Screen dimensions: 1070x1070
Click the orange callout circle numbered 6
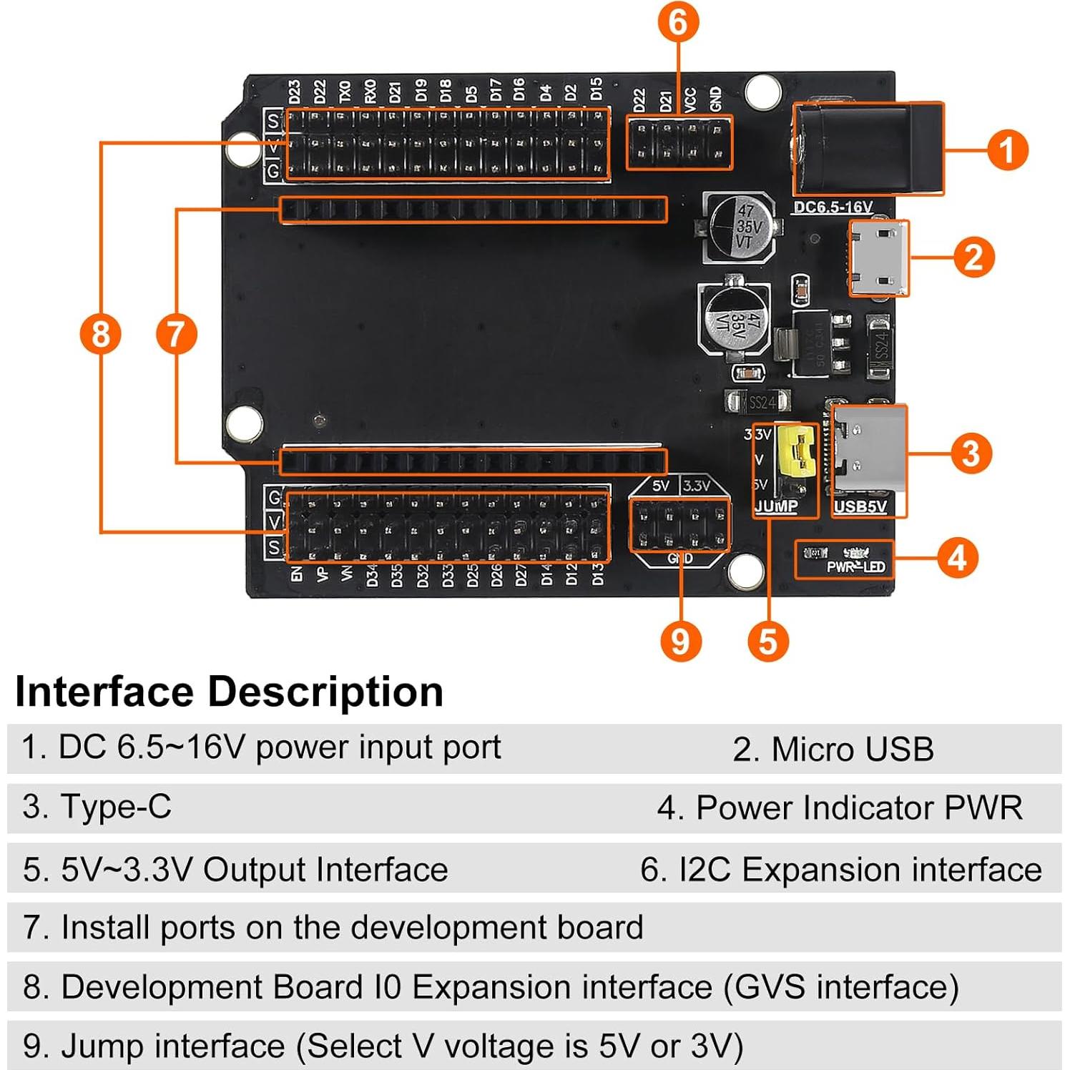tap(677, 22)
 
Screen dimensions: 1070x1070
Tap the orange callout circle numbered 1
tap(1007, 150)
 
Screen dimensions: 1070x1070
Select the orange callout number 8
tap(101, 334)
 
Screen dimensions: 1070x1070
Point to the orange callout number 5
tap(767, 641)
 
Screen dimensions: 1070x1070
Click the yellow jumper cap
tap(798, 451)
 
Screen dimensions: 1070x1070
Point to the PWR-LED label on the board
tap(855, 566)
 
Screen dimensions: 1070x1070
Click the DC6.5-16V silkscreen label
tap(833, 207)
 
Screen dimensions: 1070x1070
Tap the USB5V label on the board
tap(860, 506)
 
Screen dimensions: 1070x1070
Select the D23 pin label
tap(294, 92)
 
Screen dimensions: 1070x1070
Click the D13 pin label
tap(597, 574)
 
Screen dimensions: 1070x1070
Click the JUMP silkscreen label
tap(776, 506)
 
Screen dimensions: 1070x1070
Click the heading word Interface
tap(104, 692)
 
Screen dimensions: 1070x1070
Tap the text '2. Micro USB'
tap(833, 750)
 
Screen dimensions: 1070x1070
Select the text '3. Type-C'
tap(97, 807)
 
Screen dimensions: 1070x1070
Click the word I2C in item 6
tap(705, 870)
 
